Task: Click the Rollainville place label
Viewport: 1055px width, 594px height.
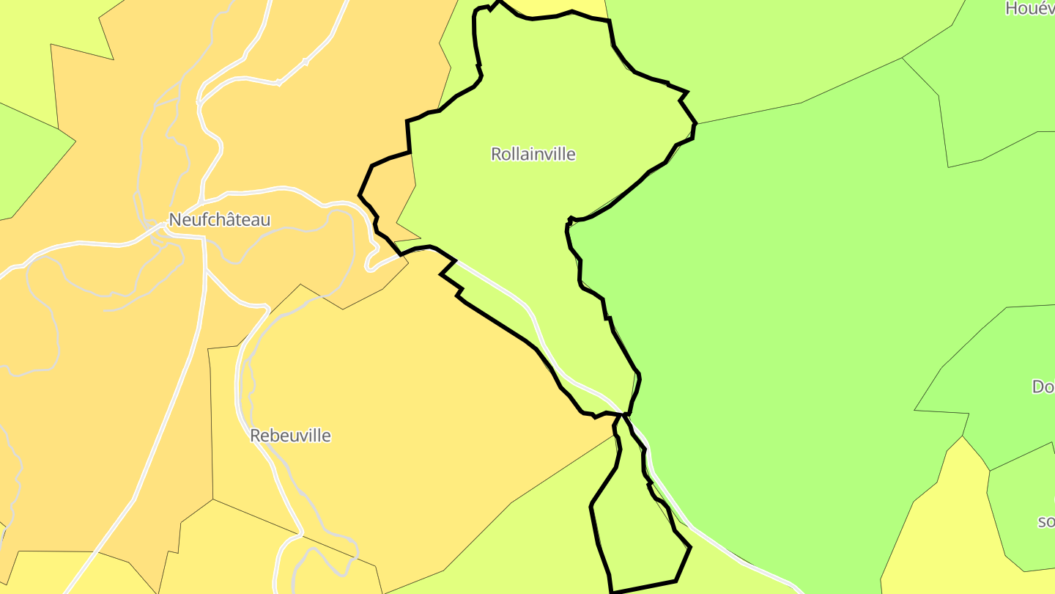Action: coord(533,154)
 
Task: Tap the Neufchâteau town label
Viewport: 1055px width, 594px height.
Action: coord(219,219)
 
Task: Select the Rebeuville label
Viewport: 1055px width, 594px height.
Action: coord(290,436)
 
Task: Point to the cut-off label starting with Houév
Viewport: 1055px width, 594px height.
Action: coord(1029,8)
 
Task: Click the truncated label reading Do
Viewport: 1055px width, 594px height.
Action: coord(1043,386)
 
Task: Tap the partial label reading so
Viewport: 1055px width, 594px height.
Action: coord(1045,521)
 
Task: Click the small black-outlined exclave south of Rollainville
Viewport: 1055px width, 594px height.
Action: coord(637,535)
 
